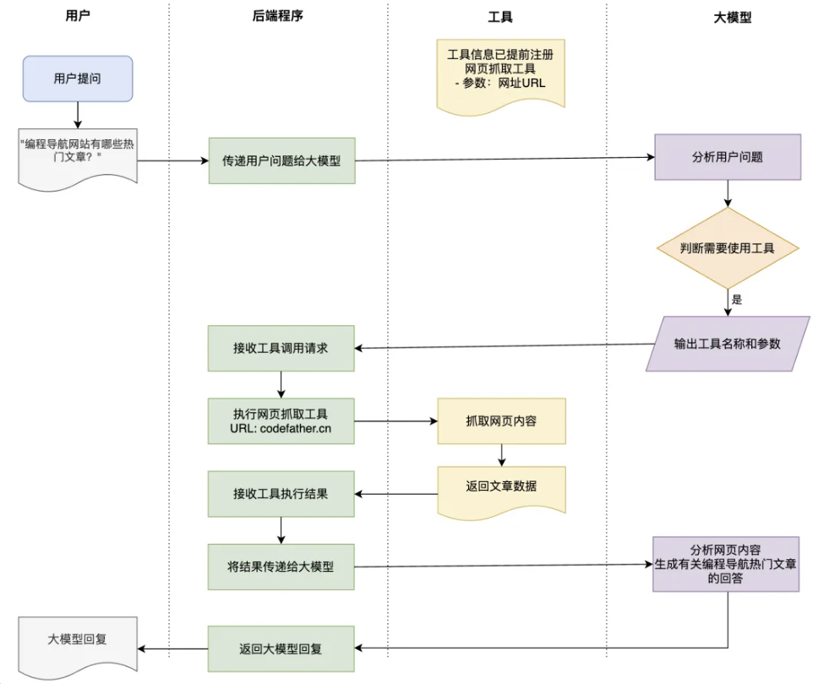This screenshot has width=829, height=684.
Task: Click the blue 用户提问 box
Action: (78, 79)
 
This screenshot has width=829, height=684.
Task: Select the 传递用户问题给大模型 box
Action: (282, 160)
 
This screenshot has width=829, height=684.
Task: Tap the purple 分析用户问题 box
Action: (728, 157)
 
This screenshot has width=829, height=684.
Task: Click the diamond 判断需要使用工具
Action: (728, 248)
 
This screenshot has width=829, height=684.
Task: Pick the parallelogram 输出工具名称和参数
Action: (728, 344)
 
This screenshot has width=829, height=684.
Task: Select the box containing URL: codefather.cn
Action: (282, 421)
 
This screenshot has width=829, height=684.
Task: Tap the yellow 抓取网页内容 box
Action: (501, 421)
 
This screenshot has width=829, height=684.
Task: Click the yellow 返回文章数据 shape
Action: (501, 489)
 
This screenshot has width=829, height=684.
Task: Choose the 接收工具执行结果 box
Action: (282, 494)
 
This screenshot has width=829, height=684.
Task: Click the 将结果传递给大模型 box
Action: (282, 567)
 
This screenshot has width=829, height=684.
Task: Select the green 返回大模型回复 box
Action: (282, 649)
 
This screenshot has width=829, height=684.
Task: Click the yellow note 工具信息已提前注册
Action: (501, 72)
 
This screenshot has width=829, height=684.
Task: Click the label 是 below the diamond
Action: (737, 299)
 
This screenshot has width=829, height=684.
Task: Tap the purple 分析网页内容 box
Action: (726, 563)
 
